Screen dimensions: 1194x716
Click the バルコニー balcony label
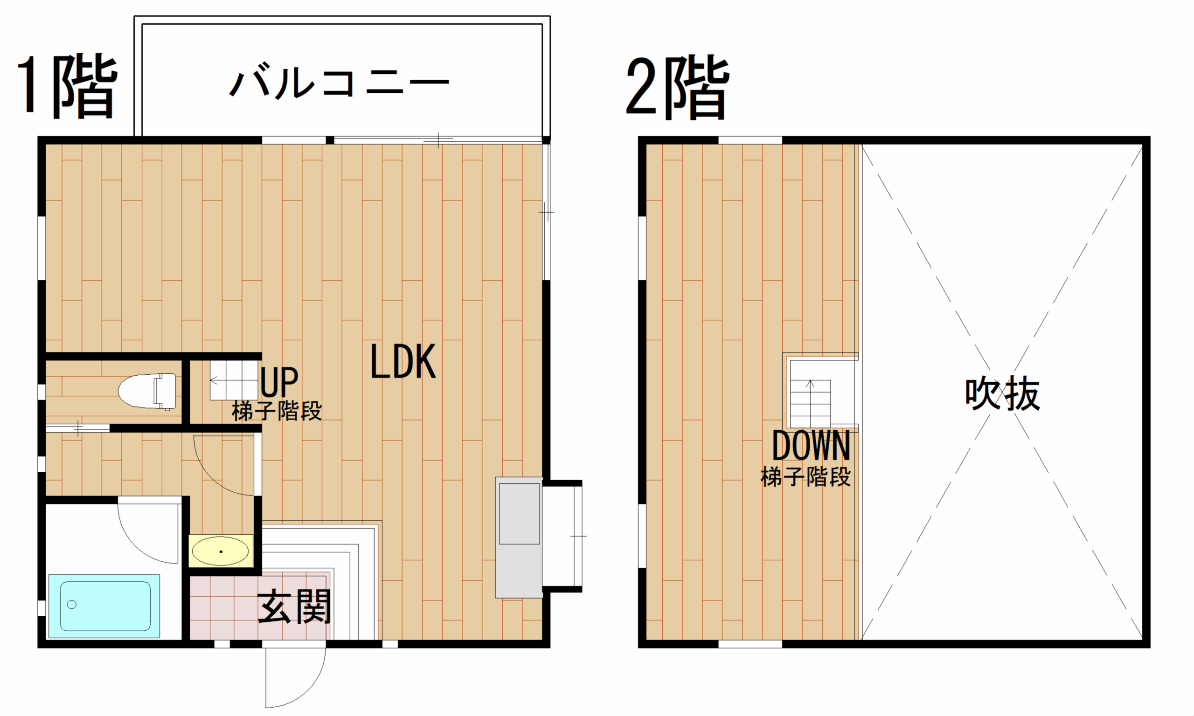pyautogui.click(x=339, y=83)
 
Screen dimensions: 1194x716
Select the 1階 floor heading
pyautogui.click(x=67, y=86)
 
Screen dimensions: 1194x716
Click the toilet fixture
pyautogui.click(x=147, y=391)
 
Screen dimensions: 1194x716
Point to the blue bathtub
pyautogui.click(x=104, y=606)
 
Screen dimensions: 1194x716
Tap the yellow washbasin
pyautogui.click(x=221, y=551)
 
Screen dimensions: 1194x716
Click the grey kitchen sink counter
pyautogui.click(x=519, y=537)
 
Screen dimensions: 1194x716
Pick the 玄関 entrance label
pyautogui.click(x=294, y=606)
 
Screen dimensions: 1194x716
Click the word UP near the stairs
pyautogui.click(x=279, y=382)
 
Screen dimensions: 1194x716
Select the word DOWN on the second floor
pyautogui.click(x=811, y=446)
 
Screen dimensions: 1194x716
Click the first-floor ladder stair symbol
pyautogui.click(x=234, y=380)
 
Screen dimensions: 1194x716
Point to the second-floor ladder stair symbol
pyautogui.click(x=810, y=403)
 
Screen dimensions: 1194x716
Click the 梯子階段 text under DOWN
pyautogui.click(x=805, y=477)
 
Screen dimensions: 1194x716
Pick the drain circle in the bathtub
pyautogui.click(x=72, y=605)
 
